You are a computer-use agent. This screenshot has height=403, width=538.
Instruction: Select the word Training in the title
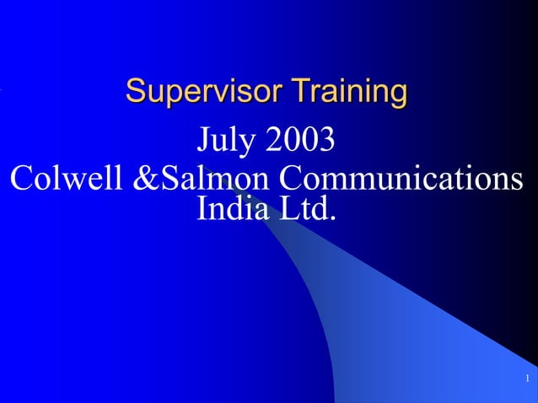348,90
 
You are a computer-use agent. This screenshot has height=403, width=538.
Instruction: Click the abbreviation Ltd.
306,208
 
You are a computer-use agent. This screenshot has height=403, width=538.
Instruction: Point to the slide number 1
525,377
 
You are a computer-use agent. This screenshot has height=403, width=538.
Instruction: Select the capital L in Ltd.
288,208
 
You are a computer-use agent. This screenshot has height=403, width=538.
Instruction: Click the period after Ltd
332,218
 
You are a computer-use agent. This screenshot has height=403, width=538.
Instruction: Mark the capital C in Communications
291,179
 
